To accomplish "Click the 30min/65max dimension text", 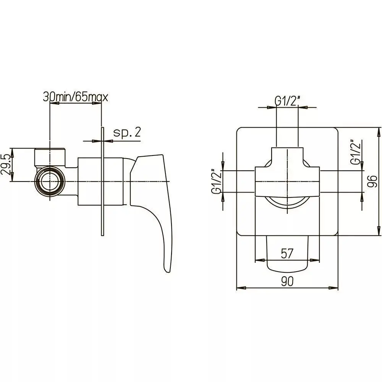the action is pyautogui.click(x=75, y=97).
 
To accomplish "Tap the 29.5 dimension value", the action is pyautogui.click(x=6, y=165).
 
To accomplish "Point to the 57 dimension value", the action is pyautogui.click(x=287, y=254).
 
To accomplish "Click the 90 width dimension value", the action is pyautogui.click(x=287, y=282).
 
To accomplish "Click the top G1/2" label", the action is pyautogui.click(x=287, y=101).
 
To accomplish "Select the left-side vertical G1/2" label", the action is pyautogui.click(x=216, y=182).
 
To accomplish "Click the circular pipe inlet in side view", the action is pyautogui.click(x=50, y=181).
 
